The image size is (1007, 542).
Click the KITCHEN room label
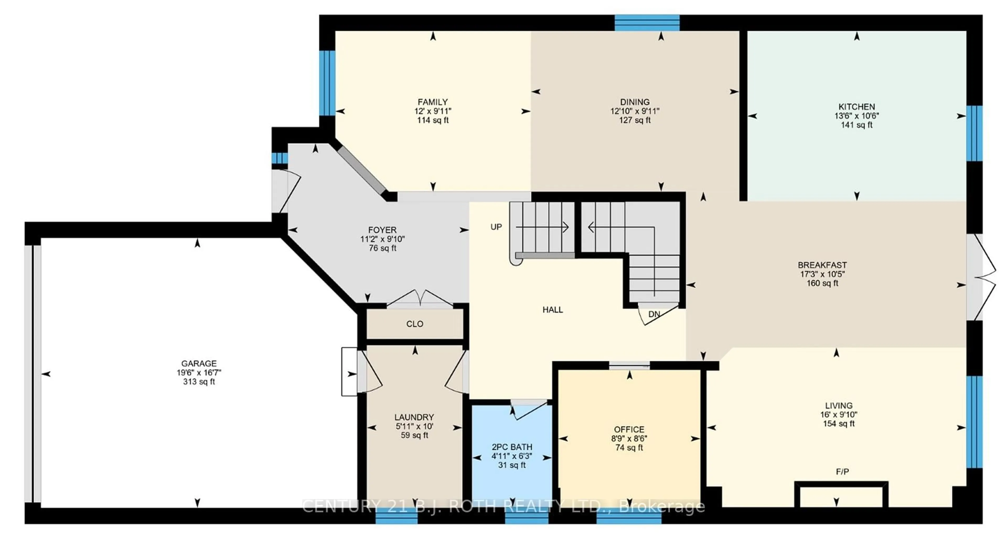pos(856,107)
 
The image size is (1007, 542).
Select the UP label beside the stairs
pos(496,227)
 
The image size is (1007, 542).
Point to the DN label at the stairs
pos(654,314)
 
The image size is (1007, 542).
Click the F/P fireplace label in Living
pos(842,472)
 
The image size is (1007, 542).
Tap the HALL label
pos(552,310)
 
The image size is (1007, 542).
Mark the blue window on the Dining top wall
pos(647,23)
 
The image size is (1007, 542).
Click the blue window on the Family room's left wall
pos(327,83)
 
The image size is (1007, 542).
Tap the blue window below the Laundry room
pos(397,516)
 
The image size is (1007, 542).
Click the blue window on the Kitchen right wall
pos(974,133)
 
